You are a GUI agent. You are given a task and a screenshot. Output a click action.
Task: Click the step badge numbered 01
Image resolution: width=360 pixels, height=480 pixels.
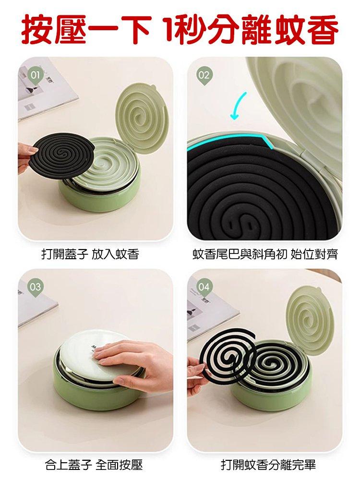click(35, 75)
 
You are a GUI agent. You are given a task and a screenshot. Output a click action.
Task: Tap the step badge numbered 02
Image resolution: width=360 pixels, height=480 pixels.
click(204, 75)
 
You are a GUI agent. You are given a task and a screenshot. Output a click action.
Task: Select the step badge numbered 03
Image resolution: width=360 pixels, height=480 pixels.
click(35, 287)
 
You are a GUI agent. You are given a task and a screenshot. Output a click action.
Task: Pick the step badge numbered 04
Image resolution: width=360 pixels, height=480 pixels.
click(204, 287)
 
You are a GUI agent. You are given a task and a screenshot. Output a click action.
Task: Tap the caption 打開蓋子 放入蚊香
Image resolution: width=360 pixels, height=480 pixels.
click(90, 254)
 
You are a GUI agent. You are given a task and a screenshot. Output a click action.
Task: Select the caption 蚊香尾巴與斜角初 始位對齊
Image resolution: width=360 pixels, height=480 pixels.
click(265, 254)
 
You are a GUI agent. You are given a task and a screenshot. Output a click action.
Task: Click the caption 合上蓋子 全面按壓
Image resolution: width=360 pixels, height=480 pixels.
click(94, 465)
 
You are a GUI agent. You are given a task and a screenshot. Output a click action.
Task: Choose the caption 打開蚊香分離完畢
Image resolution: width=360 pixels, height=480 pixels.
click(268, 465)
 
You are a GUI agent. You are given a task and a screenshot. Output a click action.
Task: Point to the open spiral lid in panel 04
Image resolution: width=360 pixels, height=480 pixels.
click(311, 320)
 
